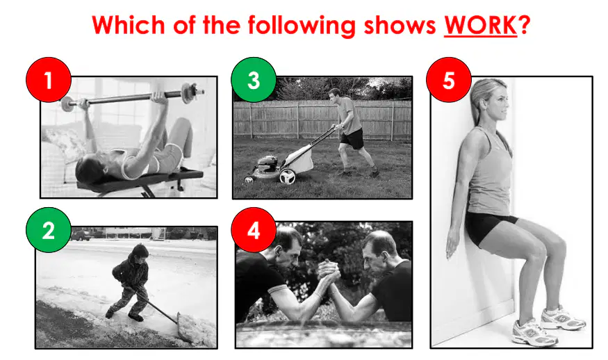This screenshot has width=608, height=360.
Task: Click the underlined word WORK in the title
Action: (x=480, y=26)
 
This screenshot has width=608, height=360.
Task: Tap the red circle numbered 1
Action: (x=49, y=80)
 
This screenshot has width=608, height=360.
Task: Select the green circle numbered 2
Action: (x=49, y=230)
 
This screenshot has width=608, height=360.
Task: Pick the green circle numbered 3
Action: (x=254, y=80)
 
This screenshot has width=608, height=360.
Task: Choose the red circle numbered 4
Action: (x=254, y=230)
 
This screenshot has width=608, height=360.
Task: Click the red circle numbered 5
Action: (x=449, y=80)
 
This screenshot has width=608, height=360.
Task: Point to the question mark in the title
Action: (x=524, y=26)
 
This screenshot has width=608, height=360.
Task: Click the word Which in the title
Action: (x=129, y=26)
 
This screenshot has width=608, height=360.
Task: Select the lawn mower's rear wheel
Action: (x=288, y=177)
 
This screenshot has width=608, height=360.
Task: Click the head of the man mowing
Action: (x=334, y=95)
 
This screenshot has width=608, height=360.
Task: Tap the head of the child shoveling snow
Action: (x=140, y=252)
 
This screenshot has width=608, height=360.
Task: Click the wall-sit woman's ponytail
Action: (x=475, y=105)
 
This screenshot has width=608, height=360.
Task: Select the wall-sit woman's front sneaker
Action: (x=534, y=332)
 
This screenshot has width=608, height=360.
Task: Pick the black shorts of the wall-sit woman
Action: (x=487, y=228)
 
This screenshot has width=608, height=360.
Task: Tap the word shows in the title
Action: (x=400, y=26)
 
